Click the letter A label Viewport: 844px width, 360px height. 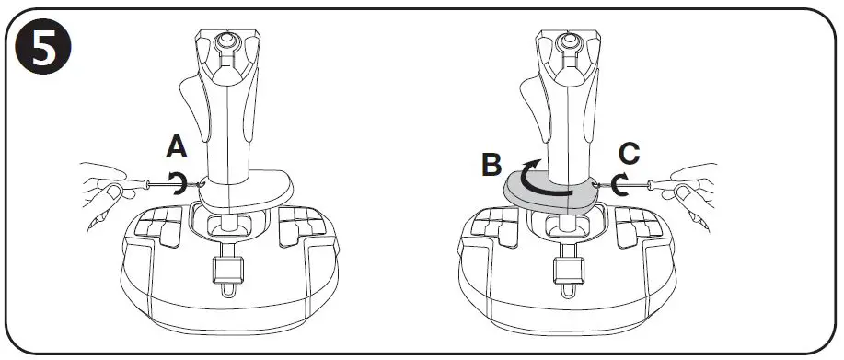pos(177,146)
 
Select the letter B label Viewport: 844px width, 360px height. pos(492,167)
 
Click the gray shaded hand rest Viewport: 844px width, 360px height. pos(552,192)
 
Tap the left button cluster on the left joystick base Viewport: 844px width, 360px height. pos(160,226)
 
